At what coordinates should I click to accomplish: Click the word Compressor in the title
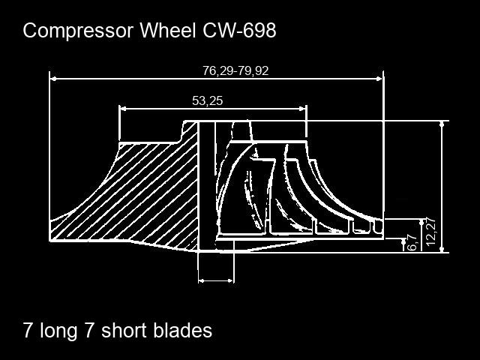click(x=78, y=31)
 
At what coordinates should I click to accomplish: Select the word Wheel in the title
click(x=167, y=30)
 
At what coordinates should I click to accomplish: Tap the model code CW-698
click(x=239, y=30)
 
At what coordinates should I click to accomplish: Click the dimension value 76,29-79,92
click(x=235, y=70)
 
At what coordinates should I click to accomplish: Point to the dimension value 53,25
click(x=207, y=100)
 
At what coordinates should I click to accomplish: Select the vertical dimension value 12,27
click(x=430, y=232)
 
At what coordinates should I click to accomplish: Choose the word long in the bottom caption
click(x=58, y=331)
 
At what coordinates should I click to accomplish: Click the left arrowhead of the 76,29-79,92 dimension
click(x=53, y=79)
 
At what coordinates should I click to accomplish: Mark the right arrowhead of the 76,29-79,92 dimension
click(x=379, y=79)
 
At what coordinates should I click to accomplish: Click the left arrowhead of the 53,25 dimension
click(x=122, y=108)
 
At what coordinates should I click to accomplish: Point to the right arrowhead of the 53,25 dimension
click(x=302, y=108)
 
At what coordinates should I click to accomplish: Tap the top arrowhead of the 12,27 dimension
click(x=442, y=124)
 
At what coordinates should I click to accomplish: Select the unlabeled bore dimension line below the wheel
click(x=216, y=280)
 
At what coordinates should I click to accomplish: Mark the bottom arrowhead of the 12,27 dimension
click(x=442, y=250)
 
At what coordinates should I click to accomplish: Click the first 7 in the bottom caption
click(x=28, y=330)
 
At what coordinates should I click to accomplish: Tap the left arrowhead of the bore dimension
click(x=202, y=280)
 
